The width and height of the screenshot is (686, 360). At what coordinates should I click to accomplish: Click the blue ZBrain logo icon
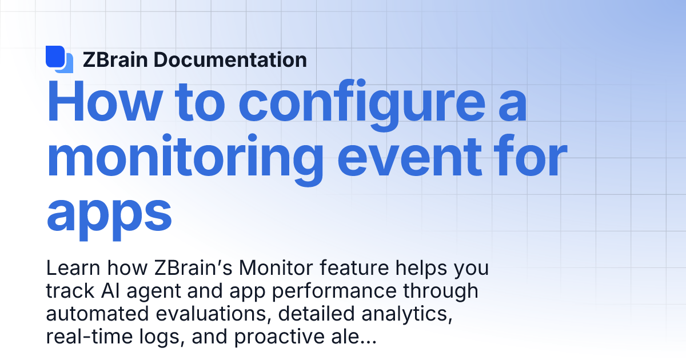[x=59, y=59]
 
